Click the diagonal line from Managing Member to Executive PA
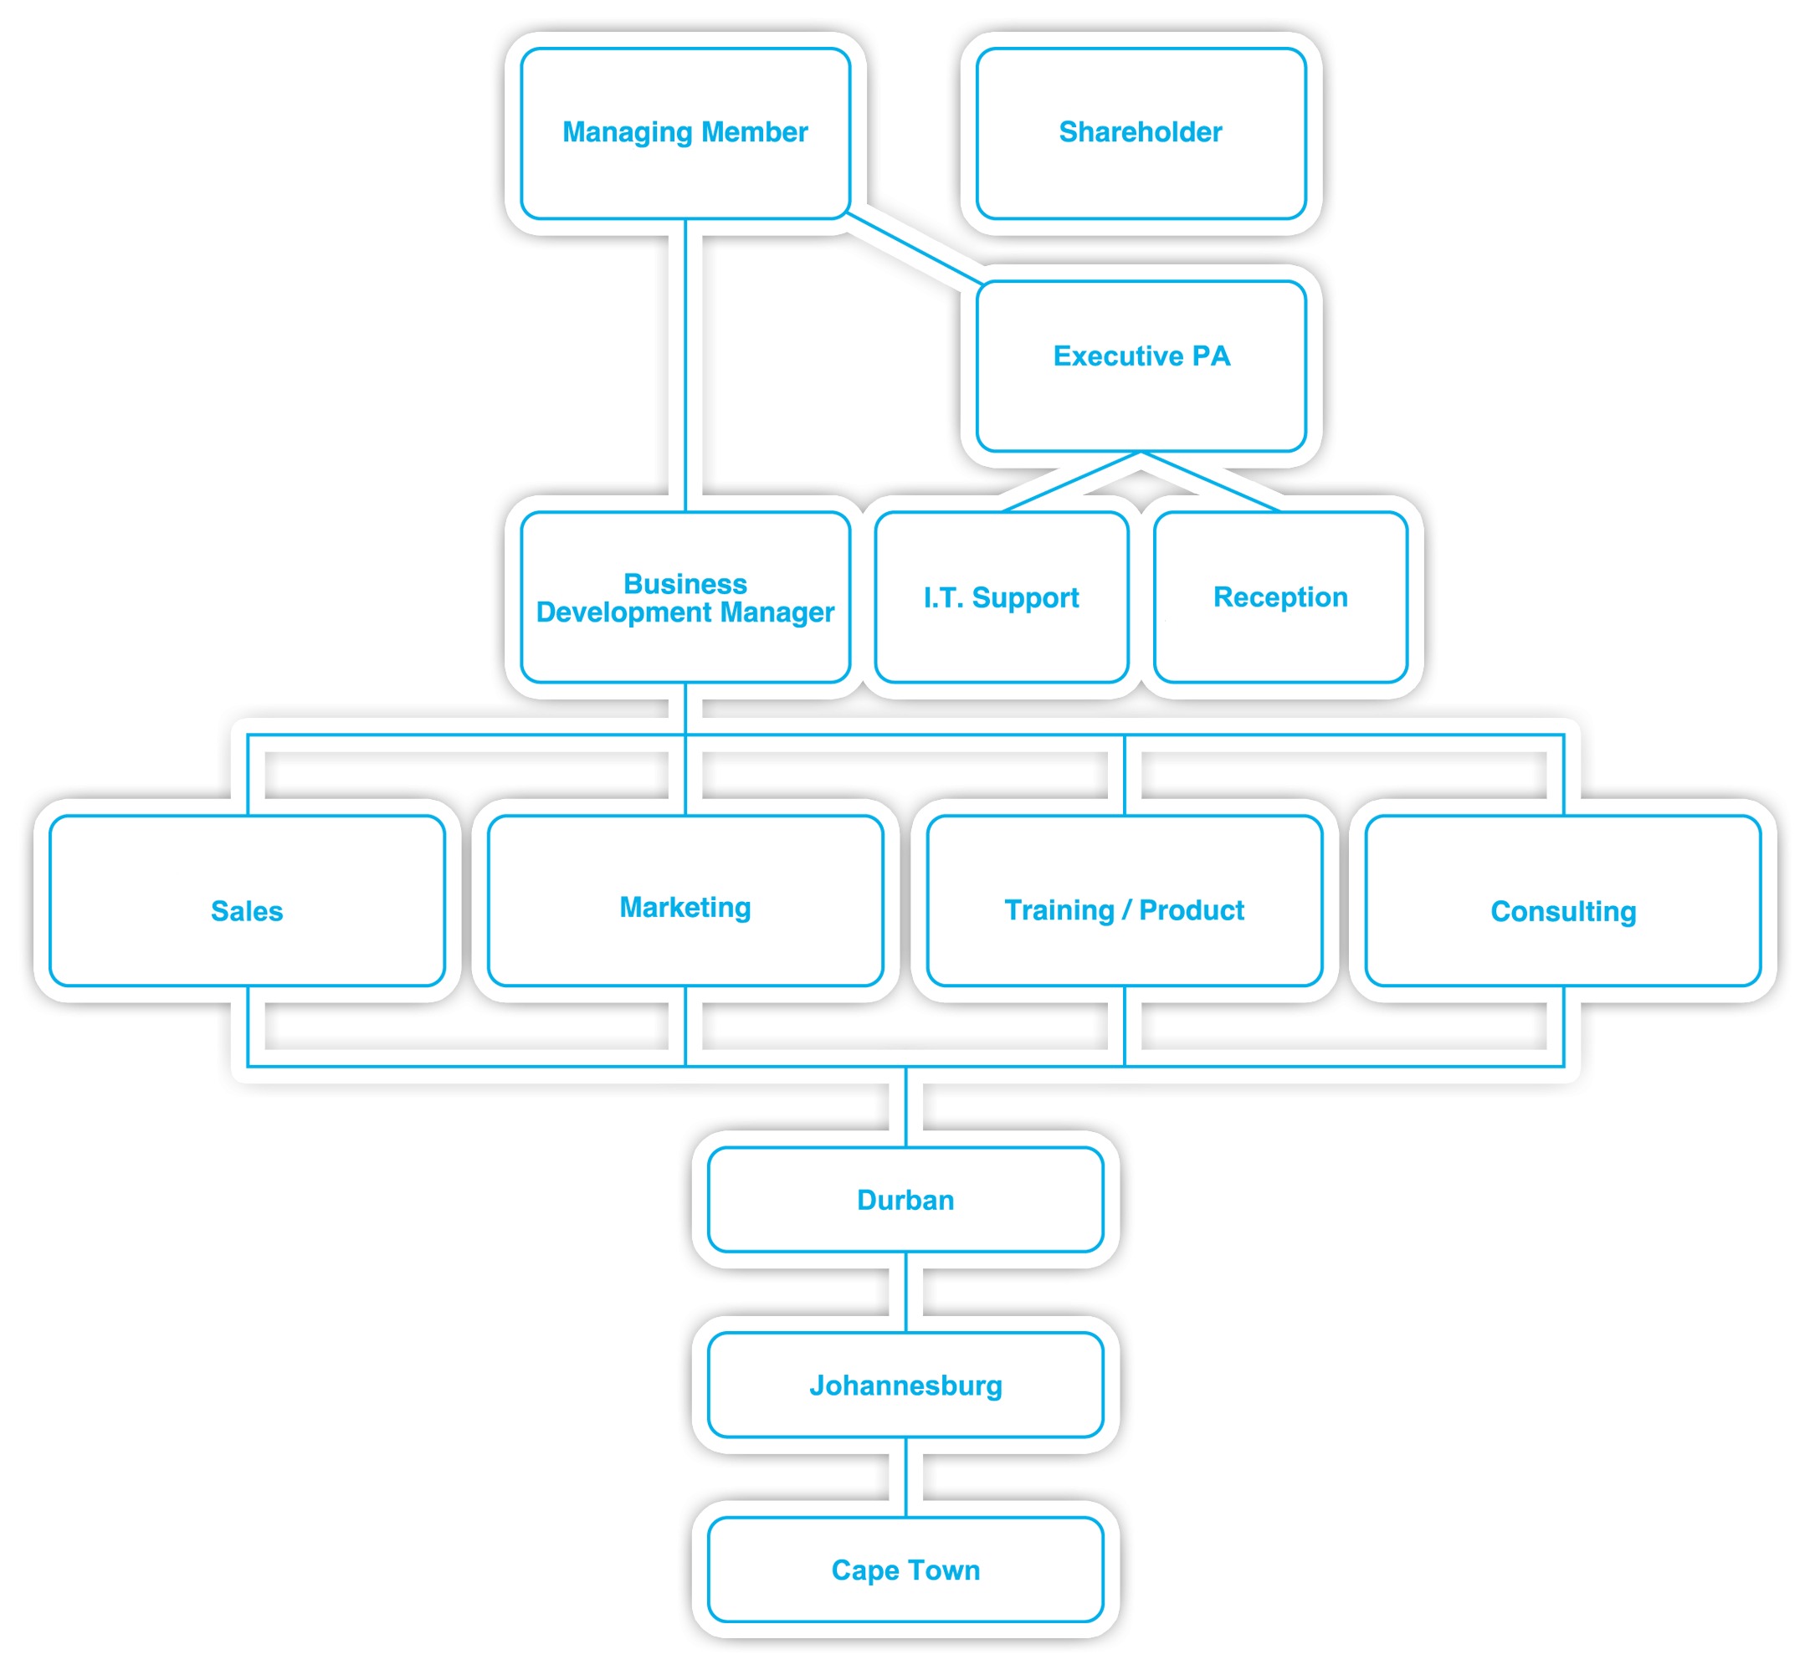[915, 248]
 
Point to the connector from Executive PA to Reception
[1211, 482]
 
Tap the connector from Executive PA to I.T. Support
[1071, 482]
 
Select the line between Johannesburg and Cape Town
[905, 1477]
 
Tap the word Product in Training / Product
[1191, 910]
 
